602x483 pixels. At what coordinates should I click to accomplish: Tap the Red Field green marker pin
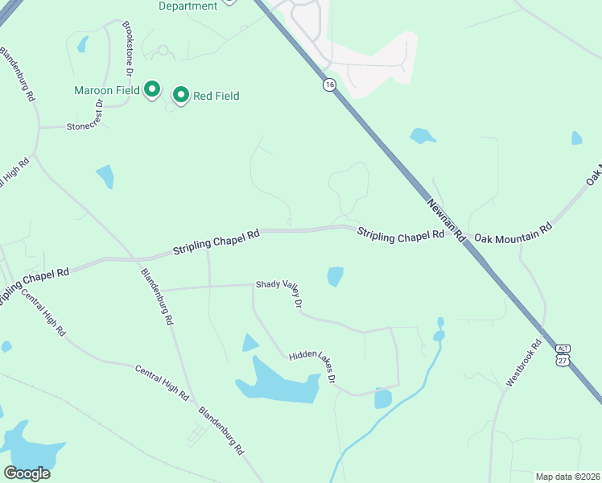tap(181, 96)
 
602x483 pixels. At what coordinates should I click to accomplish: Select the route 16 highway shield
tap(329, 85)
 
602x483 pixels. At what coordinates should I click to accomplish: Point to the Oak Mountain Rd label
tap(513, 233)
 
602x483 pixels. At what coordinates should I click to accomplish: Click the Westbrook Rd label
tap(526, 363)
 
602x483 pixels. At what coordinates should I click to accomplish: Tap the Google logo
tap(27, 473)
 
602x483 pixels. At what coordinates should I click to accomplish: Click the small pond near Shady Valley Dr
tap(336, 276)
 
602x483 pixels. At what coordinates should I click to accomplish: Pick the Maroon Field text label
tap(107, 89)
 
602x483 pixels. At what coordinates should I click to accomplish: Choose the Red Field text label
tap(216, 96)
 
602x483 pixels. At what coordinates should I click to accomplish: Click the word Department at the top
tap(188, 6)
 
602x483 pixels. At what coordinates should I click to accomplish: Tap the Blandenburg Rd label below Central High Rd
tap(222, 430)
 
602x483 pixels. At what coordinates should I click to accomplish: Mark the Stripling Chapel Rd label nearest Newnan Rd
tap(401, 233)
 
